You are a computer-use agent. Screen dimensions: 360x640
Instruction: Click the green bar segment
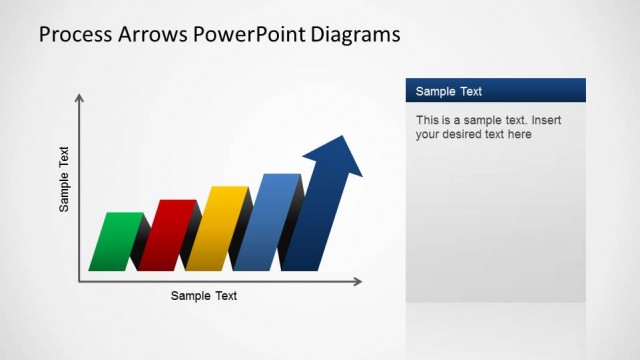tap(116, 242)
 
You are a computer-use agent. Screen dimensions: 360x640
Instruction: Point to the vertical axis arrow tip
tap(80, 97)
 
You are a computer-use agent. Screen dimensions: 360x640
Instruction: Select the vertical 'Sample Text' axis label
tap(64, 180)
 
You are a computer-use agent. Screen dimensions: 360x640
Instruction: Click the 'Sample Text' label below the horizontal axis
tap(204, 296)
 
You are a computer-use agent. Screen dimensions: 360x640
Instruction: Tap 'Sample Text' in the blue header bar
tap(449, 91)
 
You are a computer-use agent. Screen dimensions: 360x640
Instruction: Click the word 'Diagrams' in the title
tap(356, 34)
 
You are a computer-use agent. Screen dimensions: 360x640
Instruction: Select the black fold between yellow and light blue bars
tap(241, 235)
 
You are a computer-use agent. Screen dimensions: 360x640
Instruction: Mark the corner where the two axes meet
tap(80, 282)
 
